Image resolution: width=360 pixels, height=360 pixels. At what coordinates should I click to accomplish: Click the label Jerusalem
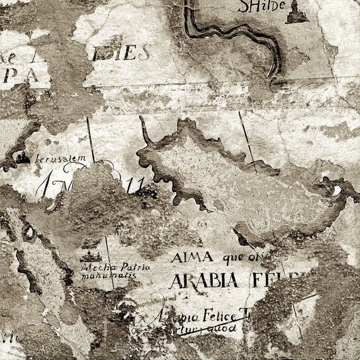click(x=60, y=158)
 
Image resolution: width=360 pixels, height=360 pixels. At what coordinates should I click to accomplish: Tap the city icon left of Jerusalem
click(x=23, y=157)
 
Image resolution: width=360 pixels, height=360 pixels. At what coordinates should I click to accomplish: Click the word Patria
click(x=135, y=267)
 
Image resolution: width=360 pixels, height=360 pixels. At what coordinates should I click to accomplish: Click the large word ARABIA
click(x=204, y=280)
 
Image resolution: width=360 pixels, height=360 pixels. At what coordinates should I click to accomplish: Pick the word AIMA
click(x=192, y=257)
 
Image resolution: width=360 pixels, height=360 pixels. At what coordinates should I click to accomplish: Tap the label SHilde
click(x=262, y=6)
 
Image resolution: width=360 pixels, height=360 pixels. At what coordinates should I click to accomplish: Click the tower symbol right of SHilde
click(x=297, y=12)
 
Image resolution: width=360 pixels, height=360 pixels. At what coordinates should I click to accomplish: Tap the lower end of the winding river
click(x=274, y=74)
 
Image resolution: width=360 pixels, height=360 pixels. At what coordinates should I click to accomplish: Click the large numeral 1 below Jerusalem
click(x=46, y=184)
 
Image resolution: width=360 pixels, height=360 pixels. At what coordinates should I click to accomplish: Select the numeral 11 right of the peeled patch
click(x=135, y=185)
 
